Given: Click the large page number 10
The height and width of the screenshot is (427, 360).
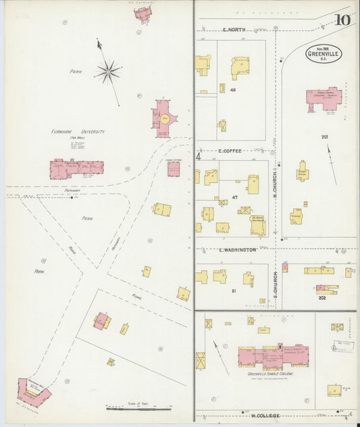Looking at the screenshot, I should [342, 20].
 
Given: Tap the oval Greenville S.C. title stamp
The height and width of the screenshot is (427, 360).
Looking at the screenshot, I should [324, 53].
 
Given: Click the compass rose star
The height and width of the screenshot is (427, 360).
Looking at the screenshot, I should [107, 70].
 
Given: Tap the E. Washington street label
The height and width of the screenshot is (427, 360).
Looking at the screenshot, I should [238, 249].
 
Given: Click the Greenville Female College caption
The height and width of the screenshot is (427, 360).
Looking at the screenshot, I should [273, 374].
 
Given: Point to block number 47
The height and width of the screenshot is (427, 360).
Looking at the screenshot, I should [236, 197].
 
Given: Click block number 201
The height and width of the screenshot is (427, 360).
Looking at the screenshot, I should [325, 137].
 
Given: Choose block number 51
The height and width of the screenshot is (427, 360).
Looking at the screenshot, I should [233, 291].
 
